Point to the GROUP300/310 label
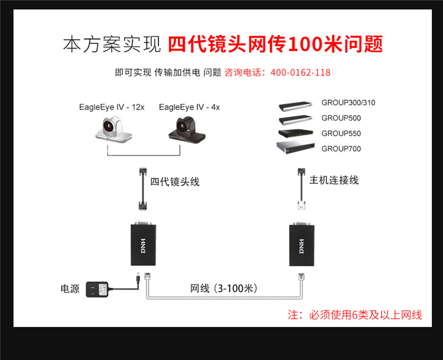(348, 103)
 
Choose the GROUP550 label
(341, 134)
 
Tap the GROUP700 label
(341, 149)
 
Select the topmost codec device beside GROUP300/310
(296, 106)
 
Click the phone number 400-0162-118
(300, 73)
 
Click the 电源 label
(70, 289)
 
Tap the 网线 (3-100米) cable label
(223, 288)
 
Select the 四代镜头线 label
(175, 181)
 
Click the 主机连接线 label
(334, 180)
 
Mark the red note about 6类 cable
(354, 315)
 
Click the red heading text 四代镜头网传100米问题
(275, 44)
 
